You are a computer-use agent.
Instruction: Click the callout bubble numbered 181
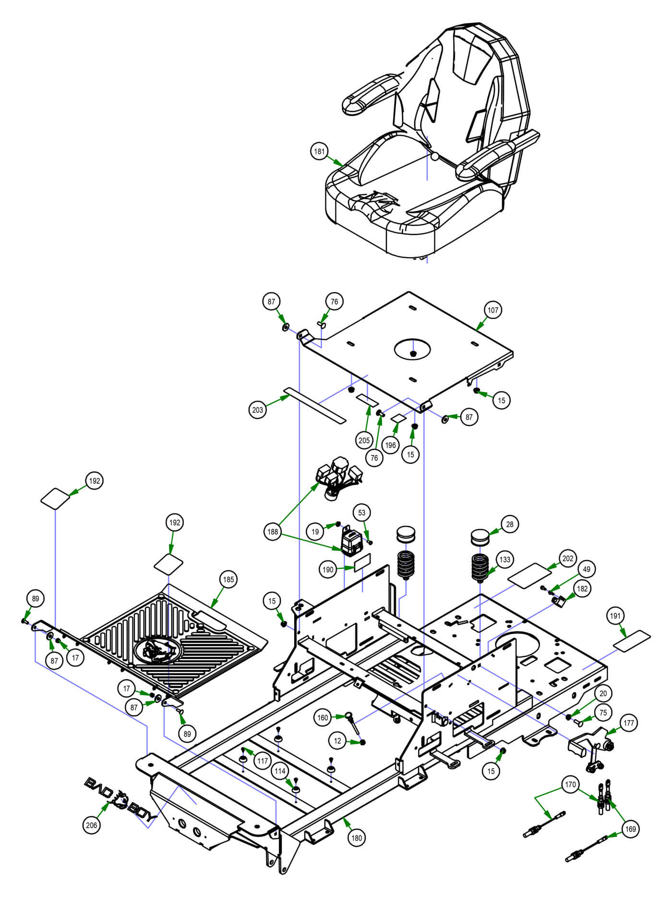point(319,152)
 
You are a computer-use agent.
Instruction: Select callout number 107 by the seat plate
point(493,310)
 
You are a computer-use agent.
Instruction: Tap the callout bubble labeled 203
point(258,410)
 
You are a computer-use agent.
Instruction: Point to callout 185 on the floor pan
point(228,579)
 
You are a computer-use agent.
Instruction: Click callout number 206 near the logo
point(91,825)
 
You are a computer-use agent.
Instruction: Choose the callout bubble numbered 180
point(357,838)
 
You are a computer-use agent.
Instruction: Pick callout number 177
point(628,723)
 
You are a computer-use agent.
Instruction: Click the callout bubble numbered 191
point(615,616)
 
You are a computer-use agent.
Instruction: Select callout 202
point(568,559)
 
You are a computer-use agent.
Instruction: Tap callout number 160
point(323,718)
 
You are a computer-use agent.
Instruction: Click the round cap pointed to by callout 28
point(480,537)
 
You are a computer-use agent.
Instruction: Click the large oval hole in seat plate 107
point(412,348)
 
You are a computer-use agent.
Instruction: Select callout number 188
point(273,532)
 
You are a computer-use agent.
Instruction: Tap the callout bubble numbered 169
point(630,829)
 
